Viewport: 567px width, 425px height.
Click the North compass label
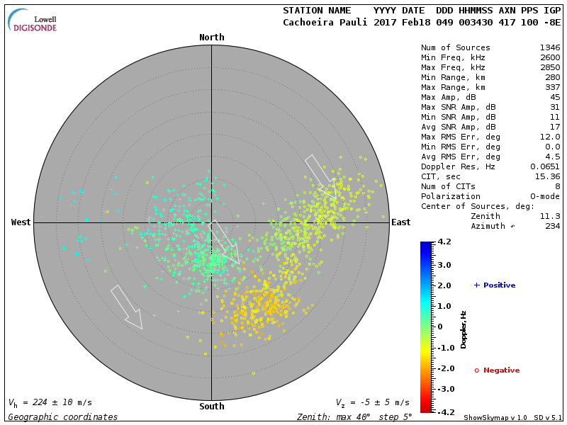pyautogui.click(x=211, y=38)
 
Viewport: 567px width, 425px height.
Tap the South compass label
pyautogui.click(x=211, y=407)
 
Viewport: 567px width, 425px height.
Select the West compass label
pyautogui.click(x=21, y=222)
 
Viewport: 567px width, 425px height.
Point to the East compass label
pyautogui.click(x=400, y=222)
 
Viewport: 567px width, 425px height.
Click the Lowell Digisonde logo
pyautogui.click(x=33, y=21)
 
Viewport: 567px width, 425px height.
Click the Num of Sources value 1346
pyautogui.click(x=550, y=47)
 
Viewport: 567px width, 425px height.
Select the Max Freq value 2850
pyautogui.click(x=550, y=67)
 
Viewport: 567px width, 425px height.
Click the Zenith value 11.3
pyautogui.click(x=550, y=216)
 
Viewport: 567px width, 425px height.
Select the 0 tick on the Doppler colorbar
pyautogui.click(x=439, y=327)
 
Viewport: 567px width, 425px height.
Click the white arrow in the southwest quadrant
pyautogui.click(x=128, y=307)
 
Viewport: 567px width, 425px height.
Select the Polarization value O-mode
pyautogui.click(x=543, y=196)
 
